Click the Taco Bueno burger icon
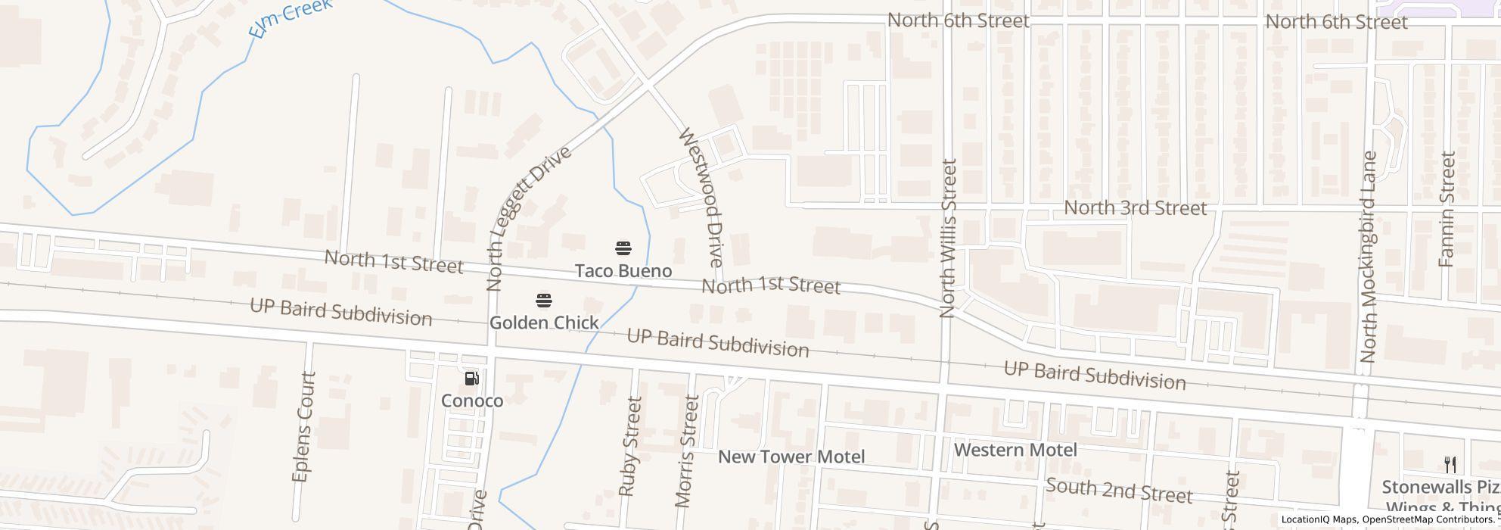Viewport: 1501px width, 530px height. point(623,248)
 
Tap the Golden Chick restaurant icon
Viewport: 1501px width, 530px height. point(543,301)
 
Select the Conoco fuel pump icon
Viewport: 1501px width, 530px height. point(471,379)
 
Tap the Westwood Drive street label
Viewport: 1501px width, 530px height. point(701,197)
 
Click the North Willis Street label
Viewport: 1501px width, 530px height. point(948,238)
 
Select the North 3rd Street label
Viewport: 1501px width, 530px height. point(1135,207)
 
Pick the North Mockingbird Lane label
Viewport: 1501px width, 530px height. point(1368,257)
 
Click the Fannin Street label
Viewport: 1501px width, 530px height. point(1447,209)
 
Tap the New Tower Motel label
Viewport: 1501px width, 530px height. point(791,457)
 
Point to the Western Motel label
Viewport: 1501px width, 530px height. point(1015,450)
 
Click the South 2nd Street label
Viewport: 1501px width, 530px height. point(1119,491)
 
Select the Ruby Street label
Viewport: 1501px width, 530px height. point(629,446)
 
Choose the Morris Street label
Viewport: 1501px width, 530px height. point(687,450)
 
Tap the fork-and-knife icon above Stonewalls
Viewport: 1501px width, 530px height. point(1450,464)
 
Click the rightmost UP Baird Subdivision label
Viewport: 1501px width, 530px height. point(1094,376)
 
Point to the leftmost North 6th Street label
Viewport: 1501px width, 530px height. point(958,20)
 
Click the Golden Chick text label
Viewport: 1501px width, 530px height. point(544,323)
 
